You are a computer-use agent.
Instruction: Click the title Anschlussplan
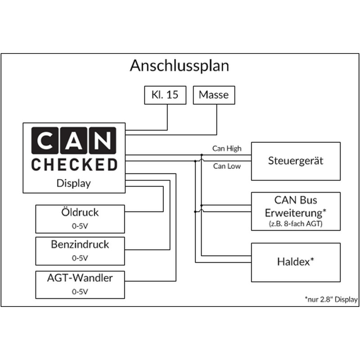[180, 66]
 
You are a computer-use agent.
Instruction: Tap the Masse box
[214, 95]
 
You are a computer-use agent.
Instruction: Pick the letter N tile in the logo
[103, 141]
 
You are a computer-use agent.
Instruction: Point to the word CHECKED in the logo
[74, 165]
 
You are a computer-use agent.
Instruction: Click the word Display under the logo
[74, 183]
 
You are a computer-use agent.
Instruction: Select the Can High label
[227, 148]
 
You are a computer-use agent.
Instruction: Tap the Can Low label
[227, 166]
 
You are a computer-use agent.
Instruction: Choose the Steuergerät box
[295, 161]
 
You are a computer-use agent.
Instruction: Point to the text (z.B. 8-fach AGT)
[295, 222]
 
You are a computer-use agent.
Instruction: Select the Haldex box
[295, 262]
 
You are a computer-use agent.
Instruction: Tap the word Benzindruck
[80, 245]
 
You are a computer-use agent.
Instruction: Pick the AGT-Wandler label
[80, 278]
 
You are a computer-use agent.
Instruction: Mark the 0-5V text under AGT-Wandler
[80, 291]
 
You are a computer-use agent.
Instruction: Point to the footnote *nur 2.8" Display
[331, 299]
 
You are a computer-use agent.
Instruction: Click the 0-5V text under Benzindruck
[80, 258]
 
